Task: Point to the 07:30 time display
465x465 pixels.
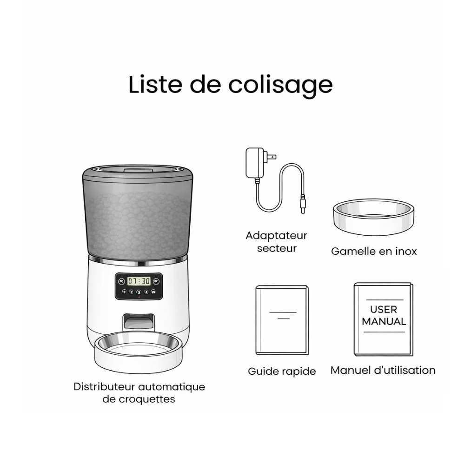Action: coord(139,281)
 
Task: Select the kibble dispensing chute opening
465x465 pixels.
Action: coord(138,323)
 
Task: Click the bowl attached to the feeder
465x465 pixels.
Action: coord(138,350)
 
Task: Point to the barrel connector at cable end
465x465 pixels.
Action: coord(303,206)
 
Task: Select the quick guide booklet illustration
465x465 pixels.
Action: coord(282,320)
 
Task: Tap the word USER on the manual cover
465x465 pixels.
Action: coord(384,309)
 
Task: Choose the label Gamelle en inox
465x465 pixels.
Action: coord(374,252)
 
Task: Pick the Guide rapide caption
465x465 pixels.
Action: coord(282,371)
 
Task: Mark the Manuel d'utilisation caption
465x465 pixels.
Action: coord(383,370)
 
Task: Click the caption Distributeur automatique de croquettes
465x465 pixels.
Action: coord(139,392)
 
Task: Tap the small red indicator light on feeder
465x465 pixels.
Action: coord(138,297)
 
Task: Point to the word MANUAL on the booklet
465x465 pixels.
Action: coord(384,321)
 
